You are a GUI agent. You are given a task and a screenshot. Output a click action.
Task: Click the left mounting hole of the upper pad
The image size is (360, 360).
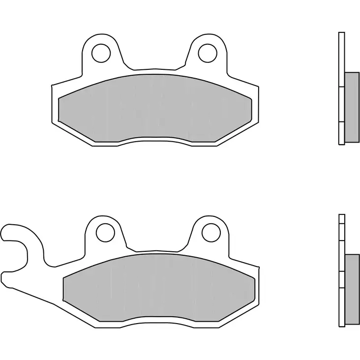coord(102,51)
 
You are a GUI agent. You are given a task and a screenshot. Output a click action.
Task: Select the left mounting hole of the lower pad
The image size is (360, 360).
coord(105,232)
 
